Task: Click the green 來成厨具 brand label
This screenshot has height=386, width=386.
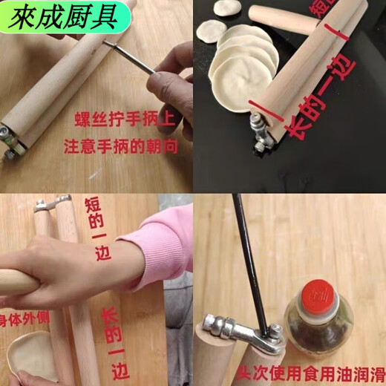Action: (x=63, y=16)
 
